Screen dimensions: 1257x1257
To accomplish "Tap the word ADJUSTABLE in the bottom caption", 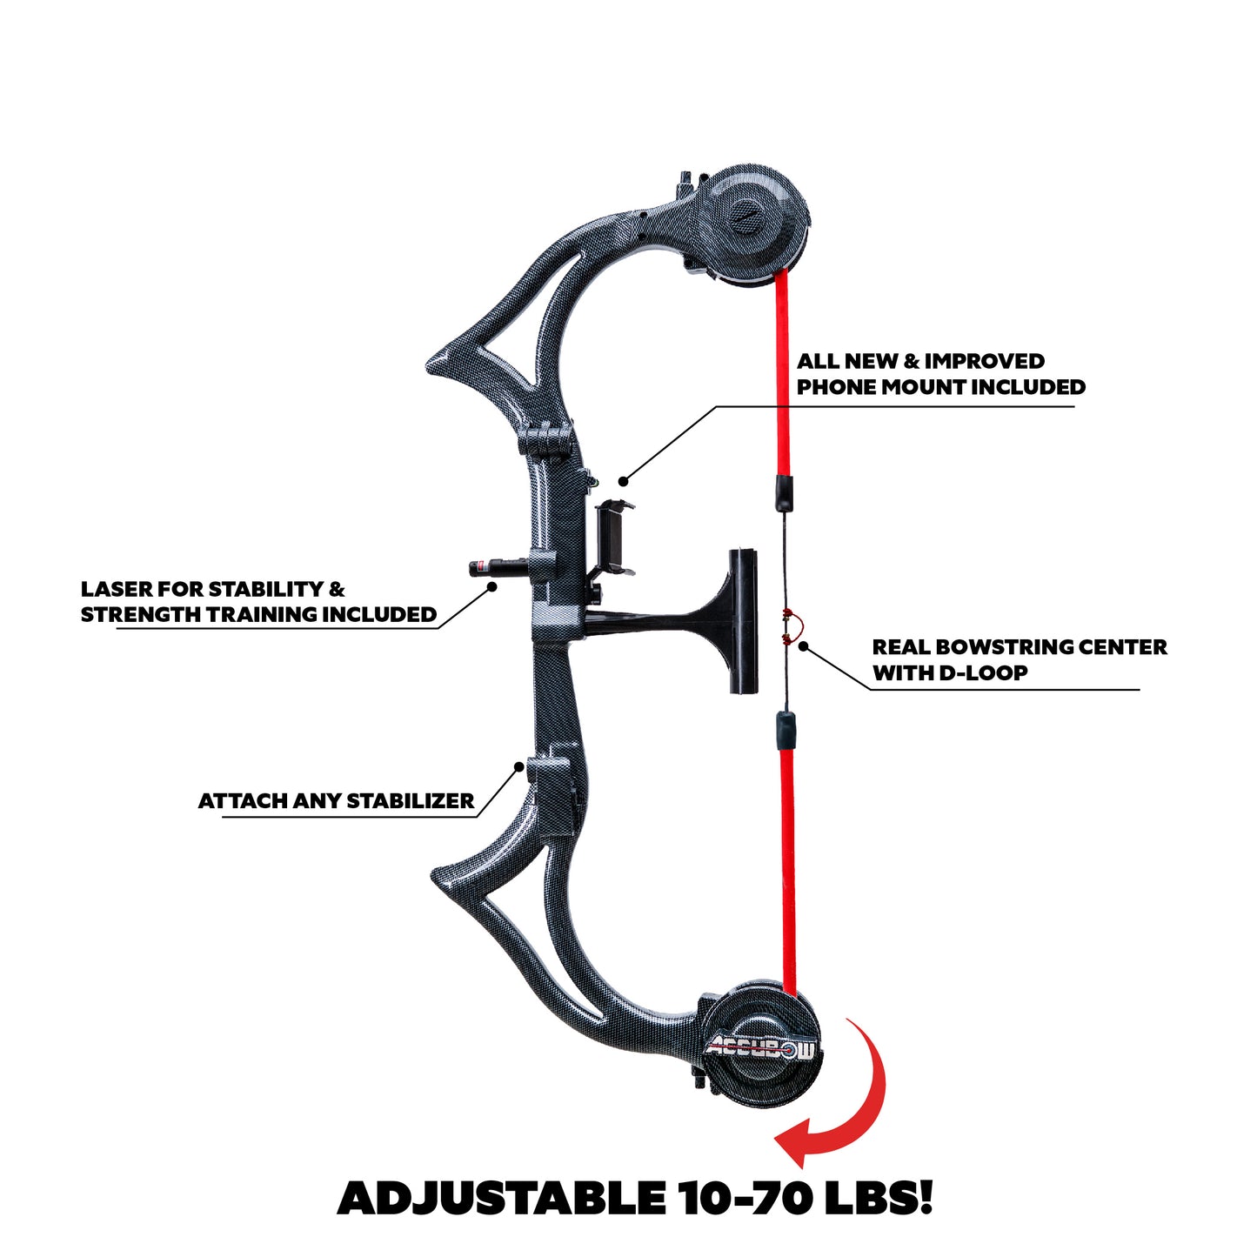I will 501,1198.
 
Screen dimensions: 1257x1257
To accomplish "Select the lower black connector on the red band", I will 785,729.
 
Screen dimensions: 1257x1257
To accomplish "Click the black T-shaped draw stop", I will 731,620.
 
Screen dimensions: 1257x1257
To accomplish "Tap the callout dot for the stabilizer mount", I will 519,766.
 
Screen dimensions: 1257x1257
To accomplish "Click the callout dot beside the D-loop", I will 804,646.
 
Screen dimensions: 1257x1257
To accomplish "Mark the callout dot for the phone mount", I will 623,480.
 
